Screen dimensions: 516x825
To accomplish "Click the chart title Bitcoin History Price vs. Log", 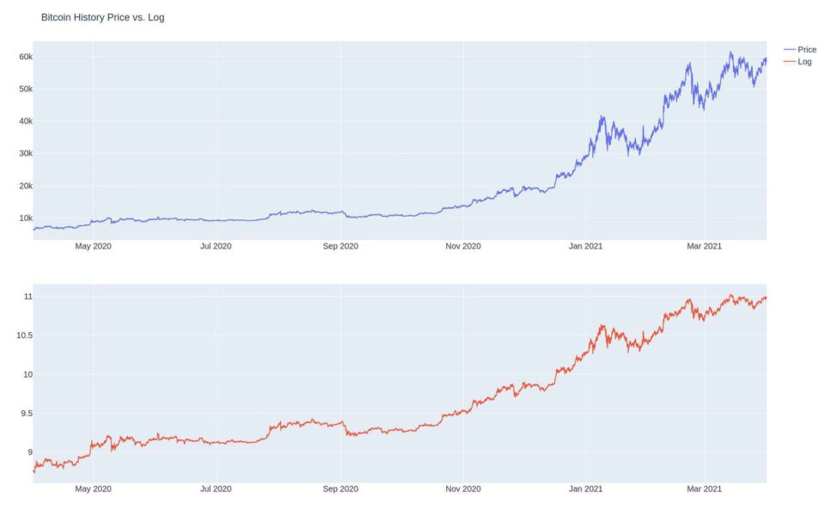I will click(102, 17).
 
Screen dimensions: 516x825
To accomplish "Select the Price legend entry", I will click(806, 50).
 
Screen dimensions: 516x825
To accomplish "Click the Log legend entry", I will click(804, 62).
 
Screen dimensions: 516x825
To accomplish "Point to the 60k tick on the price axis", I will click(20, 57).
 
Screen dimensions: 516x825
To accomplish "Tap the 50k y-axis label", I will click(20, 89).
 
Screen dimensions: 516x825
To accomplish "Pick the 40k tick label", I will click(20, 121).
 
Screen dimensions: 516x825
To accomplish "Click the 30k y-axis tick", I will click(20, 153).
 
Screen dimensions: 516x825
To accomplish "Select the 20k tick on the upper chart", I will click(20, 186).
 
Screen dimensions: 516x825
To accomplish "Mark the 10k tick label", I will click(20, 218).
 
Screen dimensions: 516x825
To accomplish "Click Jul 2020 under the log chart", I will click(216, 489).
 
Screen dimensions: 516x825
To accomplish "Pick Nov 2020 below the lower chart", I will click(463, 489).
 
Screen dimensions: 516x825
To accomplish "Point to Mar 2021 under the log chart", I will click(705, 489).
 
